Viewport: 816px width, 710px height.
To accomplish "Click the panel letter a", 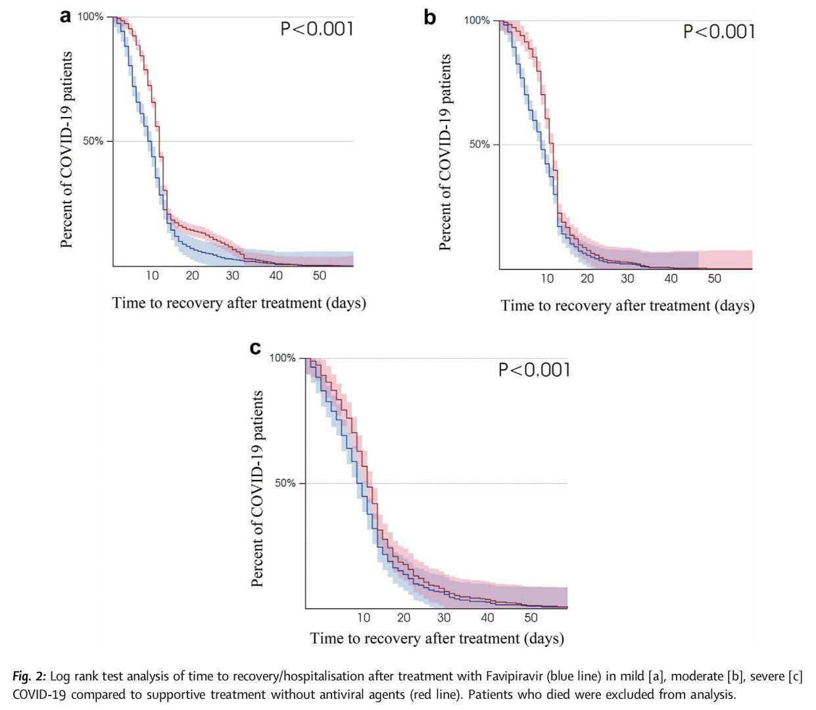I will [65, 16].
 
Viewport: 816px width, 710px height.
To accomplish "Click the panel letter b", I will [429, 18].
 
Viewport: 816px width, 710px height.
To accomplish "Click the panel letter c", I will [256, 348].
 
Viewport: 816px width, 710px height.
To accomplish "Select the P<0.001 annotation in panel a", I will [317, 29].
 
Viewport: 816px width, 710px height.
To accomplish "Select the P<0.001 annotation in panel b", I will [719, 32].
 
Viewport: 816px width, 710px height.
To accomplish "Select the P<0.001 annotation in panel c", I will [534, 370].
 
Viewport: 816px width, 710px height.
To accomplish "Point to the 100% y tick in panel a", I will [91, 16].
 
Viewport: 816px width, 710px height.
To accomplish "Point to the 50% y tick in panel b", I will [480, 145].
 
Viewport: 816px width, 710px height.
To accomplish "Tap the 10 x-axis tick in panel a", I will [153, 276].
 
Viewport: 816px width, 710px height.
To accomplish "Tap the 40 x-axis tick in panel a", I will [276, 276].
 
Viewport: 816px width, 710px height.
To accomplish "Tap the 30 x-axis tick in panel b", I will [627, 279].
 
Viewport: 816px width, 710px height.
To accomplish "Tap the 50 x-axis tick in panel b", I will [714, 279].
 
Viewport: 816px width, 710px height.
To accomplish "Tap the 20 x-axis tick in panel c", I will [404, 618].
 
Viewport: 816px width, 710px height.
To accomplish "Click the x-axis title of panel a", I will [239, 303].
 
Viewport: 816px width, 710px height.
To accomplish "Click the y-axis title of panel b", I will [445, 153].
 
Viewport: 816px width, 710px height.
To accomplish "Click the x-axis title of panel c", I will [437, 638].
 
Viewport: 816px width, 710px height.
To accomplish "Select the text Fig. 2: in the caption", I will [29, 676].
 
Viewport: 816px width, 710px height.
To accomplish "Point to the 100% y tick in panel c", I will [283, 358].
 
